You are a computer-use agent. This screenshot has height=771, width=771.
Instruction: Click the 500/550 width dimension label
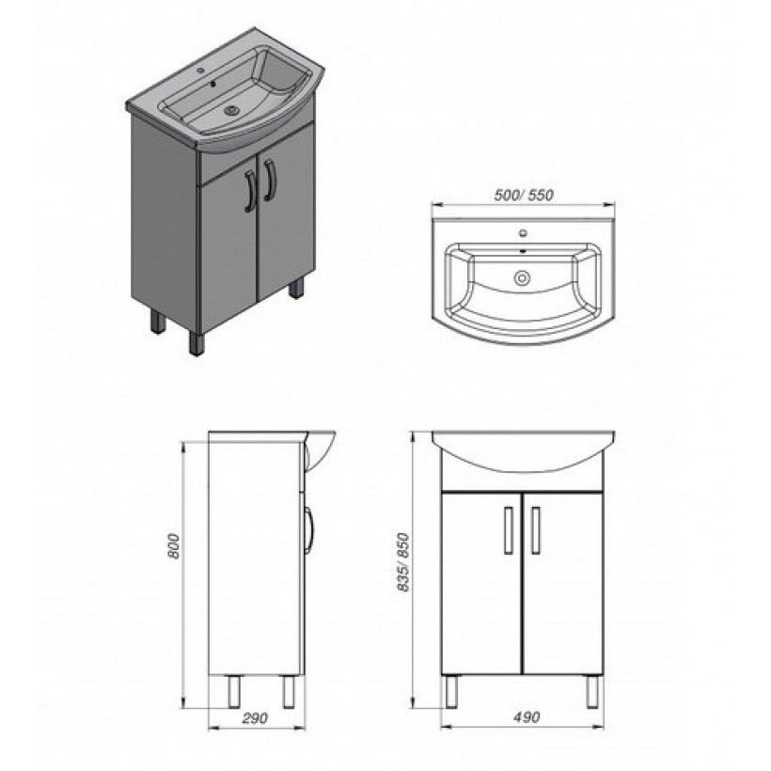(523, 196)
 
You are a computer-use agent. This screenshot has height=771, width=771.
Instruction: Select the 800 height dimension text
(174, 545)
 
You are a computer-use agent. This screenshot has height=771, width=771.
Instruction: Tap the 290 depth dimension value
(255, 718)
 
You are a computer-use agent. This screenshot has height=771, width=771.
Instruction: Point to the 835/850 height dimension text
(403, 562)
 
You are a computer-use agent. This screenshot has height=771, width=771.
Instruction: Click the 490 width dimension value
(527, 717)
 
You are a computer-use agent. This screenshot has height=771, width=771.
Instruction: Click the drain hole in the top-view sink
(522, 278)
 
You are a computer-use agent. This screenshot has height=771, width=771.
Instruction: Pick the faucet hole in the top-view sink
(523, 233)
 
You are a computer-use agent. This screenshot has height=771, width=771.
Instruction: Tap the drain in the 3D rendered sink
(231, 111)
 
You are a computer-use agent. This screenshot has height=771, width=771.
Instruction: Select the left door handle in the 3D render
(250, 191)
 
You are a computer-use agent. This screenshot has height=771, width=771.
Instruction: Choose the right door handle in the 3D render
(269, 180)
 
